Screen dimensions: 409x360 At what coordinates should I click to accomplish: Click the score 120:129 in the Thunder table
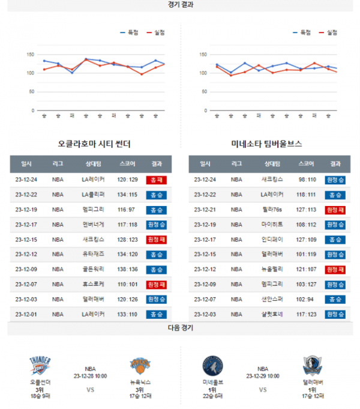click(127, 180)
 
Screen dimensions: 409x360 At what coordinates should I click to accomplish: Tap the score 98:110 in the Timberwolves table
click(306, 180)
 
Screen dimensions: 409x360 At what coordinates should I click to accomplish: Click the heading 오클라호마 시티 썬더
click(94, 145)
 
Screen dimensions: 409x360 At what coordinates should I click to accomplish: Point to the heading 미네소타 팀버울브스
click(266, 145)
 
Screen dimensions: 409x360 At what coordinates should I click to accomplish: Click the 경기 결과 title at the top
click(180, 5)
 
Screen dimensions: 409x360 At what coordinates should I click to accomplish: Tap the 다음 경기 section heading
click(180, 329)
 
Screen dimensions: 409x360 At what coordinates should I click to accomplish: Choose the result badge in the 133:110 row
click(156, 314)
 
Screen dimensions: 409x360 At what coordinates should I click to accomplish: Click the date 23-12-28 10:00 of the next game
click(90, 376)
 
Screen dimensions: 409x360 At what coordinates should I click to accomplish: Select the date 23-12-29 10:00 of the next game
click(263, 376)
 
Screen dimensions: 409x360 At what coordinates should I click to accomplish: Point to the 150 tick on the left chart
click(29, 55)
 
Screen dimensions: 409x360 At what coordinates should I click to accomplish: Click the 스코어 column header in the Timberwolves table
click(306, 164)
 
